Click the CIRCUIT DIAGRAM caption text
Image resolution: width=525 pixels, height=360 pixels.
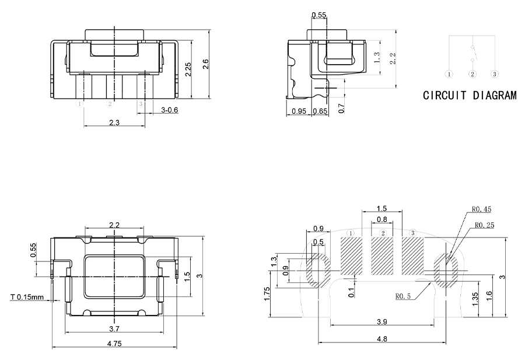coord(470,95)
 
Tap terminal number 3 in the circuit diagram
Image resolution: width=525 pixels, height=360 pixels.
coord(494,74)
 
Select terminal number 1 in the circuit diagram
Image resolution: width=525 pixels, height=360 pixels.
coord(449,74)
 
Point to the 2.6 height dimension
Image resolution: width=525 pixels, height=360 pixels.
coord(205,65)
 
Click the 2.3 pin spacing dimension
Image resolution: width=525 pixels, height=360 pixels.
coord(114,122)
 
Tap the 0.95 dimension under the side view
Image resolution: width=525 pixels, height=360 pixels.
coord(299,111)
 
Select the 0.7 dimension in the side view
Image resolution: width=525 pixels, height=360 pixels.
coord(341,108)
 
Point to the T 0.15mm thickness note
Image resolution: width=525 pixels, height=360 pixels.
coord(27,298)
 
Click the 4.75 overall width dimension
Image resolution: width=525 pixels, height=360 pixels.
coord(114,344)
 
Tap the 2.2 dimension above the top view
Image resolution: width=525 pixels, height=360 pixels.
coord(114,225)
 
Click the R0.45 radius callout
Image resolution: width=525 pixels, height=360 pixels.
coord(482,209)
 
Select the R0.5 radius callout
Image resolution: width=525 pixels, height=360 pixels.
coord(403,296)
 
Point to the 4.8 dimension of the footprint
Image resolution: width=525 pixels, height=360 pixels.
coord(382,339)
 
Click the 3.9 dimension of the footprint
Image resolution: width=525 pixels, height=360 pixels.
coord(382,323)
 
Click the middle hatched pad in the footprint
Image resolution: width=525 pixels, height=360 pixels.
coord(382,256)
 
